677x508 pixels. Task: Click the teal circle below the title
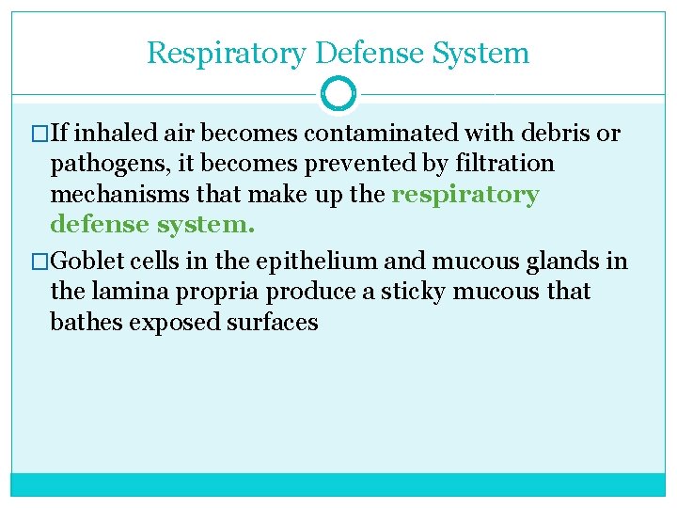click(x=338, y=94)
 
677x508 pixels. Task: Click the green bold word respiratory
click(x=465, y=196)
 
